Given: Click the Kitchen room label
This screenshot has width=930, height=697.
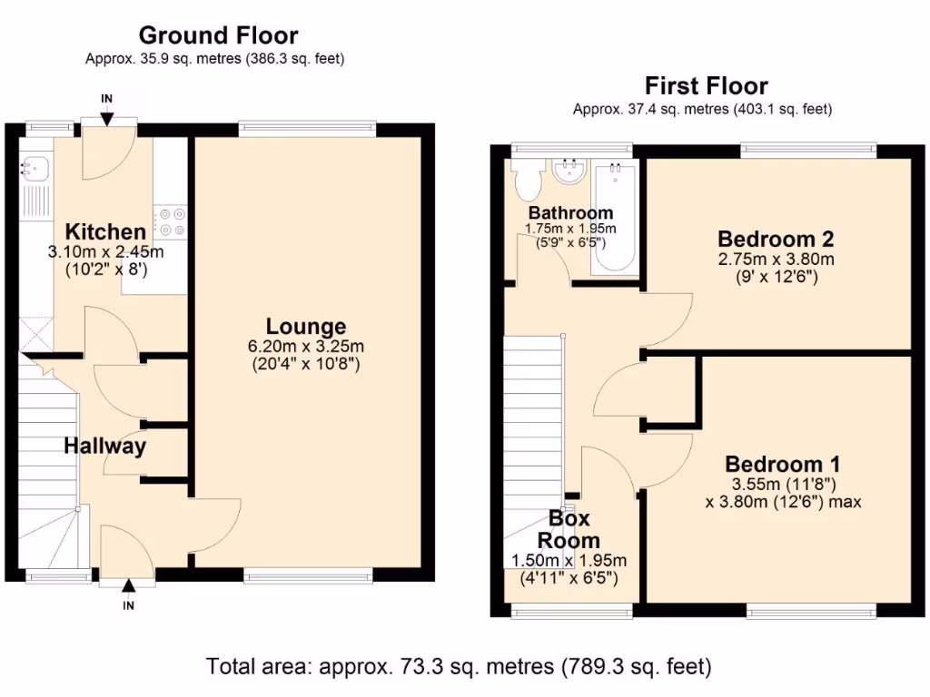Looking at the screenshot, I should pyautogui.click(x=105, y=231).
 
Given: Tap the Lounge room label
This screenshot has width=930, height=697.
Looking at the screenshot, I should pyautogui.click(x=306, y=326).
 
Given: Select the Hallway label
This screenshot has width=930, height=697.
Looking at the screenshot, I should pyautogui.click(x=104, y=446).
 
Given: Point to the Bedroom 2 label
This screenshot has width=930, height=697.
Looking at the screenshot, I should pyautogui.click(x=776, y=239).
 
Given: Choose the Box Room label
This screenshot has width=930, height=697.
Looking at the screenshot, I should pyautogui.click(x=569, y=529).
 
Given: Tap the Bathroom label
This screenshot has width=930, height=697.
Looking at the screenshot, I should pyautogui.click(x=570, y=212).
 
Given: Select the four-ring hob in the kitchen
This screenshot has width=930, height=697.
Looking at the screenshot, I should pyautogui.click(x=171, y=223).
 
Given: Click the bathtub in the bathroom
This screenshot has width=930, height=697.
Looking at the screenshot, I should pyautogui.click(x=615, y=217).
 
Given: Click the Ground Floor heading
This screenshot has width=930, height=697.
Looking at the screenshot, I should pyautogui.click(x=218, y=35).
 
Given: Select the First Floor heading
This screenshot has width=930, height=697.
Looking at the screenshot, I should pyautogui.click(x=706, y=86).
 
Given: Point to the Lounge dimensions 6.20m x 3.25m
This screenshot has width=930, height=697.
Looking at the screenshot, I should pyautogui.click(x=306, y=347).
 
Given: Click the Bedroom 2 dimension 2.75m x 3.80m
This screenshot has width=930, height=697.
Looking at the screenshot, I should pyautogui.click(x=776, y=260).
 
